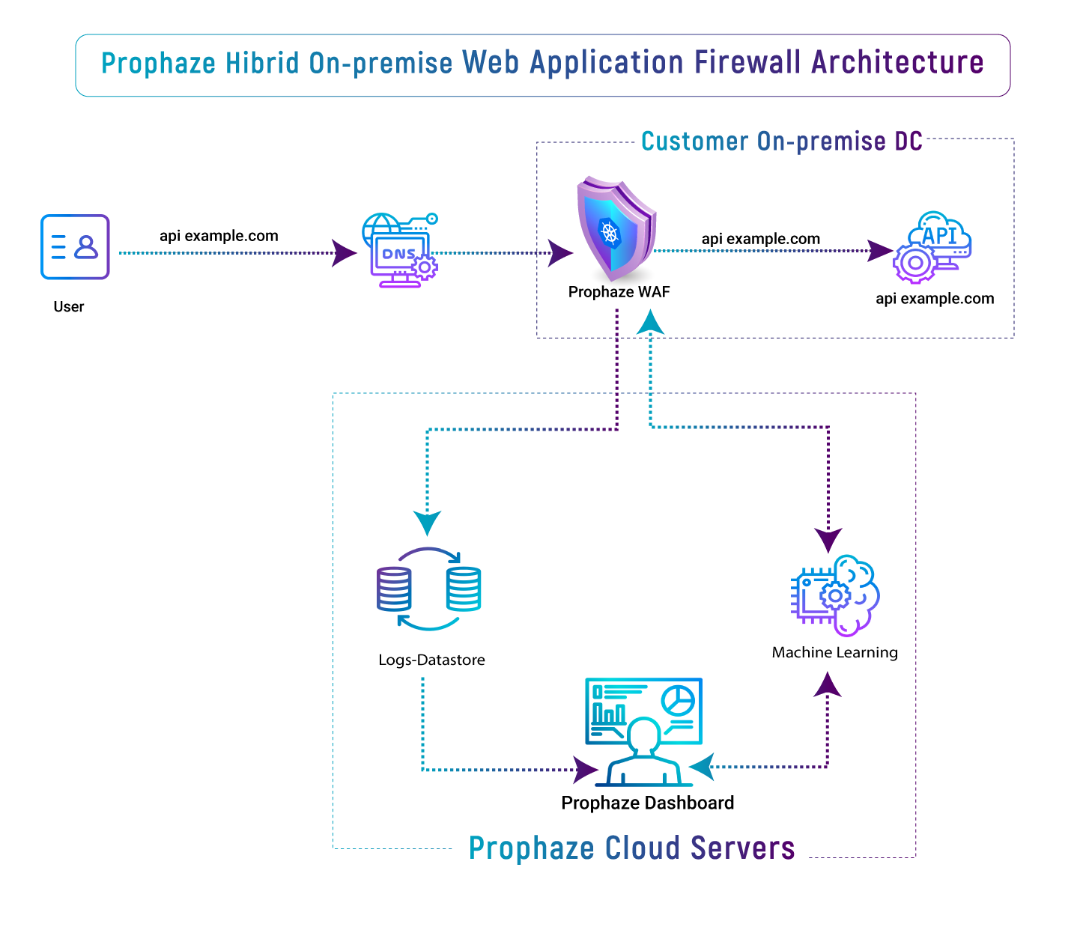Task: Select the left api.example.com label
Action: point(219,240)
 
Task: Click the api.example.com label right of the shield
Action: point(761,241)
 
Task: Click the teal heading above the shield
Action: point(784,149)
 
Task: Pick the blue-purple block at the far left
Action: point(79,251)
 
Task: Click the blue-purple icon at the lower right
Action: point(854,599)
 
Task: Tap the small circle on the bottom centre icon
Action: point(678,699)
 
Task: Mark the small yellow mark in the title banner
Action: point(202,64)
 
